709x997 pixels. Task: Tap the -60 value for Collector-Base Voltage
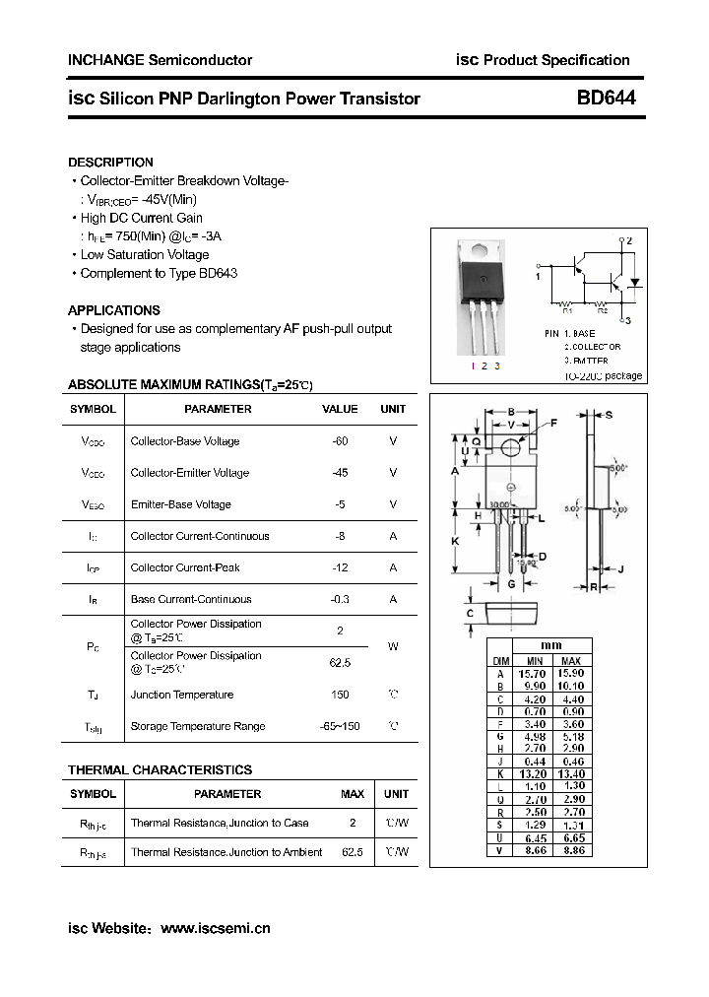click(x=341, y=441)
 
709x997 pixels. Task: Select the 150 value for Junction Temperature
click(x=341, y=695)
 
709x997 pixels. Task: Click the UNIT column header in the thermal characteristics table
click(x=396, y=794)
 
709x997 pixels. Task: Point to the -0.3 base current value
click(x=341, y=599)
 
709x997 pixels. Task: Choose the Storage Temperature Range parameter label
click(x=198, y=726)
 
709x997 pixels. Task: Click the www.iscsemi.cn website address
click(x=215, y=928)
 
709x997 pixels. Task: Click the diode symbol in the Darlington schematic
click(x=635, y=282)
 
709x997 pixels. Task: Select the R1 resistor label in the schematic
click(x=567, y=310)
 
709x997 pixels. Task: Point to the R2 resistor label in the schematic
click(x=629, y=310)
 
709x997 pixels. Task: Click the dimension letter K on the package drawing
click(x=456, y=541)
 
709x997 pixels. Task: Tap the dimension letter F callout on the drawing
click(x=552, y=424)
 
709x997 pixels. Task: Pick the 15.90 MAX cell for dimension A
click(x=570, y=674)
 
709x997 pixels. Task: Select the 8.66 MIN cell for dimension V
click(x=535, y=849)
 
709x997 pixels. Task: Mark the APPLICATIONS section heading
click(x=114, y=310)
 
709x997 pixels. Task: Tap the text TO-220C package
click(x=603, y=375)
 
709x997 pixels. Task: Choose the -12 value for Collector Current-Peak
click(x=341, y=567)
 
